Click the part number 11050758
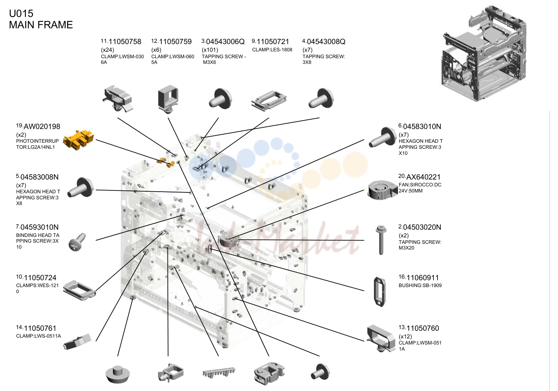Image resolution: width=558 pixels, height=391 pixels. tap(125, 42)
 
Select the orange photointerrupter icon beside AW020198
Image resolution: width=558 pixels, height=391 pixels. tap(78, 140)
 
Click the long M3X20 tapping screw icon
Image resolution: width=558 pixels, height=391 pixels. tap(381, 240)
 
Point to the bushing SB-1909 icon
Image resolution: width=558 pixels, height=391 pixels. tap(380, 292)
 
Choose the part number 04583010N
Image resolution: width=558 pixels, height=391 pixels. tap(422, 127)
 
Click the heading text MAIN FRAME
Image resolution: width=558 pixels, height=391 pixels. tap(41, 25)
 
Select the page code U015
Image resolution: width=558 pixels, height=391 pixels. tap(21, 13)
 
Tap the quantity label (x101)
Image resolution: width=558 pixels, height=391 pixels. tap(210, 50)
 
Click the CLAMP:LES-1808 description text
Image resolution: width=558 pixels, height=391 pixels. tap(272, 50)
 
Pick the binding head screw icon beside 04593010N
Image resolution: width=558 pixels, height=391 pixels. tap(77, 242)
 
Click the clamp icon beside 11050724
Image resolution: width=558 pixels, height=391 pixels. tap(79, 290)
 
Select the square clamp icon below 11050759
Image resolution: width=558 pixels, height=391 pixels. tap(168, 99)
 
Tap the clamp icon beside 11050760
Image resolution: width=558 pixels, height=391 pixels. tap(381, 338)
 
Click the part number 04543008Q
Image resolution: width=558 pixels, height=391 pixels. tap(326, 42)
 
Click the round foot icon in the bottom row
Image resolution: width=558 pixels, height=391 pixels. tap(118, 374)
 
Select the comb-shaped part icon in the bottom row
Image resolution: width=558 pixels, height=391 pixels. tap(219, 372)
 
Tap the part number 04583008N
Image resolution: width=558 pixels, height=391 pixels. tap(39, 177)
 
